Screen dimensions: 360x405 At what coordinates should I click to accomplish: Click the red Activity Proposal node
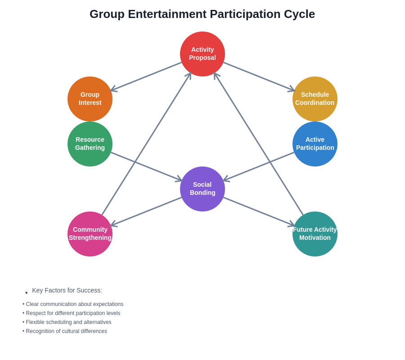[x=202, y=54]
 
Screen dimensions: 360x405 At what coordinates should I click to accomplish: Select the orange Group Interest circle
[x=90, y=99]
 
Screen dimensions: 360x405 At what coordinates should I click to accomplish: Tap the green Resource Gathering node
[x=90, y=144]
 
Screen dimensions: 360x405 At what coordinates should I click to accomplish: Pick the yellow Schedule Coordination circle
[x=315, y=99]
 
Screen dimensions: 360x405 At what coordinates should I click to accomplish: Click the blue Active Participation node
[x=315, y=144]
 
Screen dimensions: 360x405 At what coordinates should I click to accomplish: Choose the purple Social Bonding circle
[x=202, y=189]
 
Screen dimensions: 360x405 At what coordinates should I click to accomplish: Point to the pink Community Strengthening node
[x=90, y=234]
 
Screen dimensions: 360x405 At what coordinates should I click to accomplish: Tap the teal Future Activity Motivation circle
[x=315, y=234]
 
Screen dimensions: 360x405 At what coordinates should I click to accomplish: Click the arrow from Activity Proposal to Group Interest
[x=146, y=76]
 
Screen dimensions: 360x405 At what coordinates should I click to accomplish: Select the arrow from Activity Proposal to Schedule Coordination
[x=259, y=76]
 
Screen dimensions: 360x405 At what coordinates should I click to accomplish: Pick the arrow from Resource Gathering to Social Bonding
[x=146, y=166]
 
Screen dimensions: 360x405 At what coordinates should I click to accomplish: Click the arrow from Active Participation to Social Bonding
[x=259, y=166]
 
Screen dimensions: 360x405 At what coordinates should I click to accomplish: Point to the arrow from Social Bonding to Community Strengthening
[x=146, y=211]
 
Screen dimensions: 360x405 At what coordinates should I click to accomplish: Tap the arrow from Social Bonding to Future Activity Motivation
[x=259, y=211]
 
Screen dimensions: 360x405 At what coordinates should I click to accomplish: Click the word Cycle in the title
[x=299, y=14]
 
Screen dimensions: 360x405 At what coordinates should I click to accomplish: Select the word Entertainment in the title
[x=167, y=14]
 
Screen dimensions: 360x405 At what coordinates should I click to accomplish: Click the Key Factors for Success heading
[x=67, y=290]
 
